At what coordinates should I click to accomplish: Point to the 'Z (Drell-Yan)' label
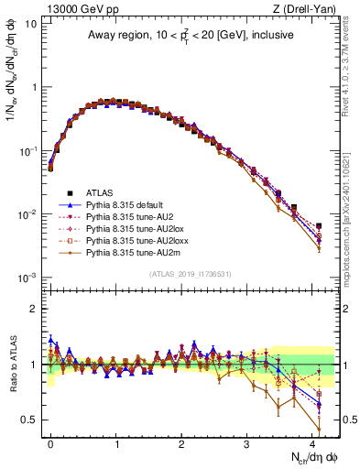pyautogui.click(x=311, y=8)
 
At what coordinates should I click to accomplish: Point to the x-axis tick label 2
pyautogui.click(x=181, y=442)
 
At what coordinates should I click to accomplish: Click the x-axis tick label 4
pyautogui.click(x=312, y=442)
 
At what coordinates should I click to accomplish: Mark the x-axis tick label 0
pyautogui.click(x=50, y=442)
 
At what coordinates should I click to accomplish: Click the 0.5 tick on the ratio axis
pyautogui.click(x=31, y=420)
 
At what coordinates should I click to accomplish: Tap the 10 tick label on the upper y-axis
pyautogui.click(x=30, y=23)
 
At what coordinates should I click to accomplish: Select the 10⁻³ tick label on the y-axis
pyautogui.click(x=27, y=278)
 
